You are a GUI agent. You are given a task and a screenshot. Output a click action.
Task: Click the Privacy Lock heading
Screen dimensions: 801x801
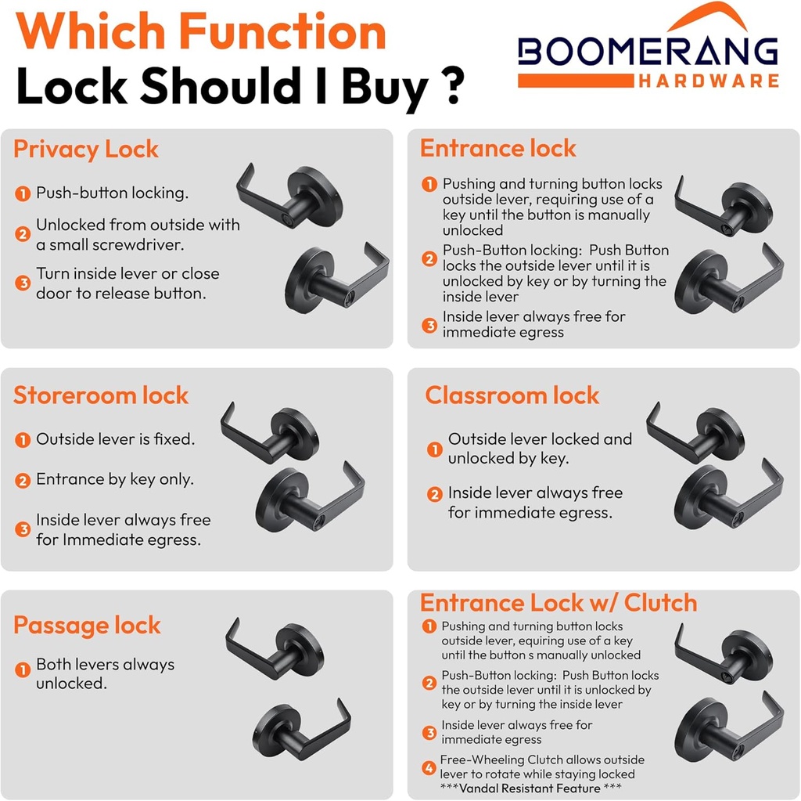[x=86, y=149]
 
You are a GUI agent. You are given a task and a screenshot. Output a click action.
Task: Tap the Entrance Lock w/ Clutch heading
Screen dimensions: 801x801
[x=559, y=603]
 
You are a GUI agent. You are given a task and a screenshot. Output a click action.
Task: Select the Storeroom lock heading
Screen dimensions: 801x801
[x=101, y=395]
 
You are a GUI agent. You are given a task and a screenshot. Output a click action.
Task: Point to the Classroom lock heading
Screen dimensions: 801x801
[x=512, y=395]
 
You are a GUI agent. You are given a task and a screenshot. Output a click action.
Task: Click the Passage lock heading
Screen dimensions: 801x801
[x=87, y=625]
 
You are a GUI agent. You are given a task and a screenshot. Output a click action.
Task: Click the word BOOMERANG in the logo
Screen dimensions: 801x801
[x=648, y=52]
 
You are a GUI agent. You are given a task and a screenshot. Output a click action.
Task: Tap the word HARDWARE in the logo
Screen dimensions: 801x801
[x=708, y=81]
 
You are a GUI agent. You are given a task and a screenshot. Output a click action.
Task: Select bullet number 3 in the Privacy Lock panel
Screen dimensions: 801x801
[x=23, y=283]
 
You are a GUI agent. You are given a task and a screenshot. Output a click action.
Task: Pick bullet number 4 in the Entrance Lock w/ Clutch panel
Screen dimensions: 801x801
[x=429, y=768]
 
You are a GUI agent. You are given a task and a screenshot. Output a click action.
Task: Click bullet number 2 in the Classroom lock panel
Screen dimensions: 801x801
[x=435, y=494]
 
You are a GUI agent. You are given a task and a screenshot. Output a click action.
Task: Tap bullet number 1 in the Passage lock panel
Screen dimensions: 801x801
[x=23, y=670]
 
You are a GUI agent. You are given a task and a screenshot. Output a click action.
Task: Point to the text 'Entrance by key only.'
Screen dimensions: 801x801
[x=115, y=479]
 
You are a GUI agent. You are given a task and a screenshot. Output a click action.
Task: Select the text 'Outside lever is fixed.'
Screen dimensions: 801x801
[x=116, y=439]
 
